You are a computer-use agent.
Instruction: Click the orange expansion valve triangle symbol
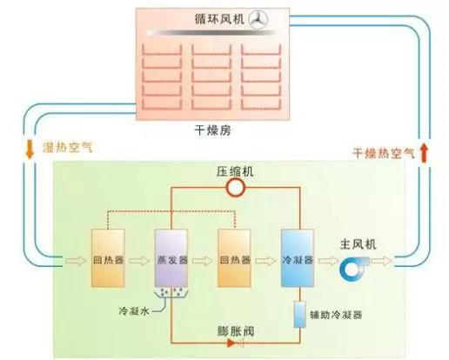click(231, 343)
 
